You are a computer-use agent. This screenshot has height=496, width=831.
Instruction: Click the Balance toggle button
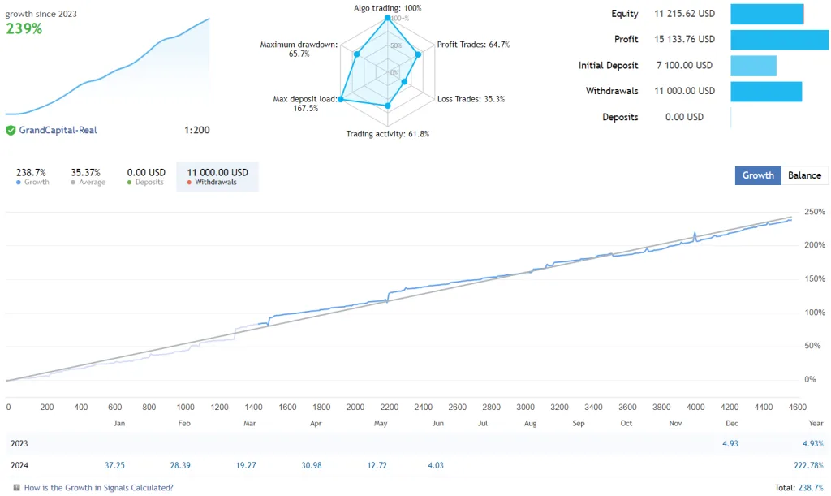pyautogui.click(x=804, y=175)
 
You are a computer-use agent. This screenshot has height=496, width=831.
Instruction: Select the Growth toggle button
pyautogui.click(x=758, y=175)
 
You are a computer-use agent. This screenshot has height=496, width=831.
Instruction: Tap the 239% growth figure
pyautogui.click(x=24, y=28)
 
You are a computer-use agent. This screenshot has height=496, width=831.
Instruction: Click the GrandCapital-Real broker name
pyautogui.click(x=58, y=130)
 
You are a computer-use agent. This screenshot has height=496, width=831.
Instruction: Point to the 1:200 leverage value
pyautogui.click(x=196, y=130)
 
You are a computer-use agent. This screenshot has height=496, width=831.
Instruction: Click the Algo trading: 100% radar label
pyautogui.click(x=388, y=8)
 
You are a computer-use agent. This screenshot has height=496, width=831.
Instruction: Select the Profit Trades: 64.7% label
pyautogui.click(x=473, y=45)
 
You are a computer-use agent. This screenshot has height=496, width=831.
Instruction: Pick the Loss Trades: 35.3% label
pyautogui.click(x=471, y=99)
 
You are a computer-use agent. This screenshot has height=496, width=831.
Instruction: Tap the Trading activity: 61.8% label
pyautogui.click(x=387, y=134)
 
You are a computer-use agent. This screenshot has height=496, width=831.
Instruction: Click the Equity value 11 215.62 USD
pyautogui.click(x=684, y=14)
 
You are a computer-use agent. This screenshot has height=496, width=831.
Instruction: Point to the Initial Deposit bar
pyautogui.click(x=753, y=66)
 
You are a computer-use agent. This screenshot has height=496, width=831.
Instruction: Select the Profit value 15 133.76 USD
pyautogui.click(x=684, y=39)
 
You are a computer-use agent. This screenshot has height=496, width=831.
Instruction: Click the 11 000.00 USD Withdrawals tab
pyautogui.click(x=217, y=176)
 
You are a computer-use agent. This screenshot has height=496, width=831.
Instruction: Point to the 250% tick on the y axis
pyautogui.click(x=814, y=212)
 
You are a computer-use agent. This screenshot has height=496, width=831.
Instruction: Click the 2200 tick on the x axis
pyautogui.click(x=390, y=408)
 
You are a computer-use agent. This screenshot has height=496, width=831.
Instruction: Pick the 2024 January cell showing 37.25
pyautogui.click(x=114, y=465)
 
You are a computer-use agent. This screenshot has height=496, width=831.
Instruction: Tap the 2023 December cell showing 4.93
pyautogui.click(x=730, y=443)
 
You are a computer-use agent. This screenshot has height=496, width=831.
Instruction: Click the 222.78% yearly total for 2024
pyautogui.click(x=808, y=465)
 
